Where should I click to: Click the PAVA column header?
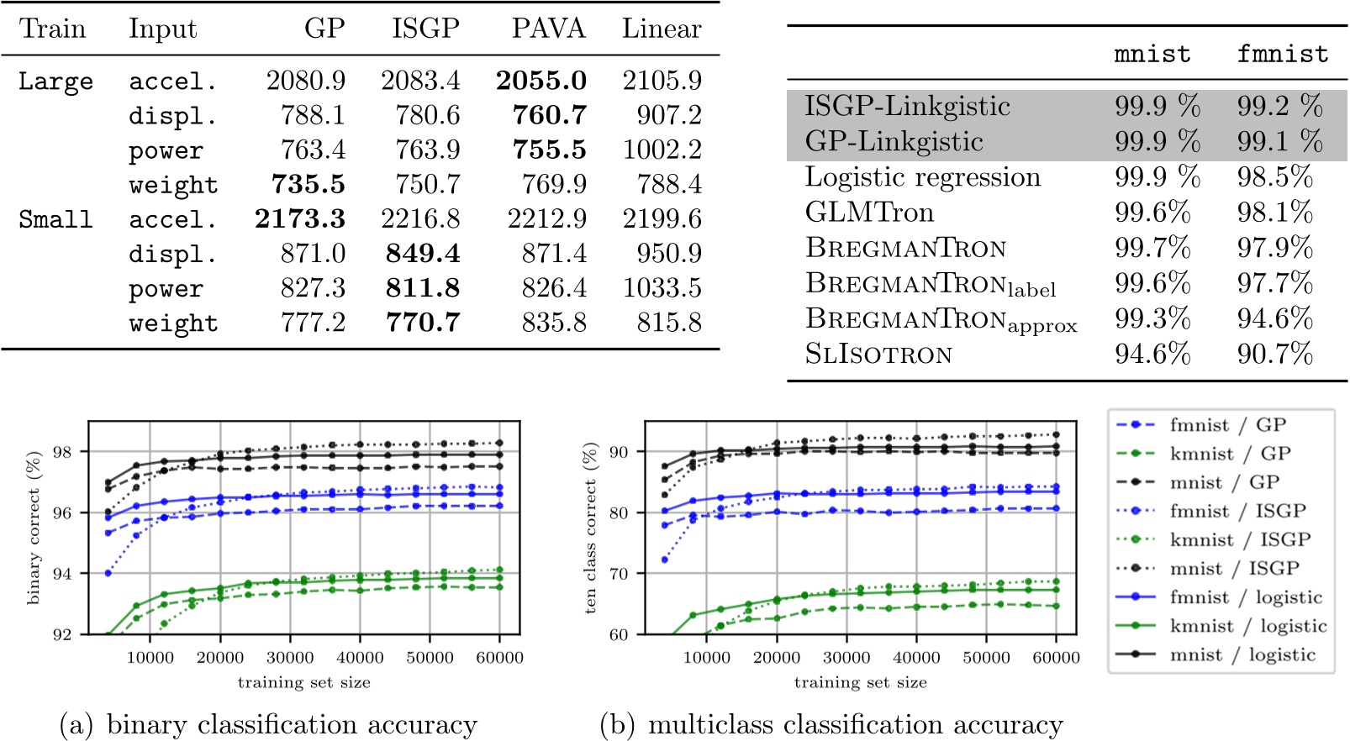(548, 29)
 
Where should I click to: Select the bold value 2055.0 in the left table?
(541, 81)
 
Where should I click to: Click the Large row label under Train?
(55, 82)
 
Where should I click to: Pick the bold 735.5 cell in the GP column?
(308, 184)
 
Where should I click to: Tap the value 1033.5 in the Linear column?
(662, 288)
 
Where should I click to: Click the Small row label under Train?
(55, 219)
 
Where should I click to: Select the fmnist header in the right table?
(1282, 55)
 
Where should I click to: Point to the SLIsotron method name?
(878, 355)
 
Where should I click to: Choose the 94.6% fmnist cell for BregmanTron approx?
(1274, 318)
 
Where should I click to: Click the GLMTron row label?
(869, 213)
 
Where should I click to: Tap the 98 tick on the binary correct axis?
(62, 452)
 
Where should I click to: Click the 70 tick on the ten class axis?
(619, 574)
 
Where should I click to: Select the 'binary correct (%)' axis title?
(34, 528)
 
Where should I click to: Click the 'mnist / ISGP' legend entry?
(1234, 569)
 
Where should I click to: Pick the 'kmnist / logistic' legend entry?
(1247, 626)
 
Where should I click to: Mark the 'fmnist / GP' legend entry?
(1227, 425)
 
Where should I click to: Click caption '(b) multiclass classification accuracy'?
(831, 724)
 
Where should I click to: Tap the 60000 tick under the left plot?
(499, 658)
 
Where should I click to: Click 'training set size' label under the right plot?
(860, 682)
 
